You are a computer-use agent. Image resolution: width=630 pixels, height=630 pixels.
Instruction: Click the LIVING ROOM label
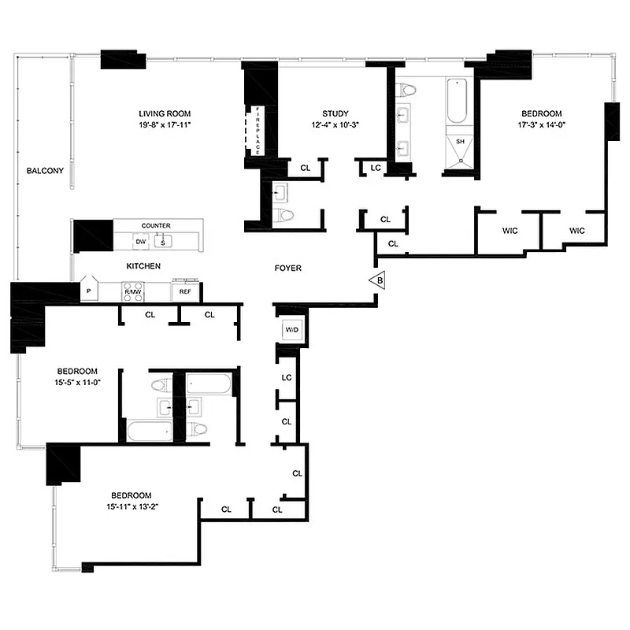(165, 113)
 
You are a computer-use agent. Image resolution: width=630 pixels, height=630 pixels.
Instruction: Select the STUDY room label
(335, 113)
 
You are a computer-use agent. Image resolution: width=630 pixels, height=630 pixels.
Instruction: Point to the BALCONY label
(45, 171)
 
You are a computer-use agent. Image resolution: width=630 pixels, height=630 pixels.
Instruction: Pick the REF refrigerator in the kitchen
(186, 291)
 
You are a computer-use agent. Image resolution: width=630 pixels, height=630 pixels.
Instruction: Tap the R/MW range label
(132, 292)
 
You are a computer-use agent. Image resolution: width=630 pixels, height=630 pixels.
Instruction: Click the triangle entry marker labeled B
(378, 280)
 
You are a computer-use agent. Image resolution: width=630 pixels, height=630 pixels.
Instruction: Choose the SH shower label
(461, 142)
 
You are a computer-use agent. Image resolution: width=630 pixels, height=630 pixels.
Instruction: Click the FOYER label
(288, 269)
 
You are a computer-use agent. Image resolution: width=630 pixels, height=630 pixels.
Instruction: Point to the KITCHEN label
(142, 266)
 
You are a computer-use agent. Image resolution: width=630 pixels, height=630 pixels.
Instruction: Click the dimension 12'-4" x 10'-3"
(335, 124)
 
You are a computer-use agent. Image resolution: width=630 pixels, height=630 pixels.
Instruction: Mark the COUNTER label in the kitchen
(156, 226)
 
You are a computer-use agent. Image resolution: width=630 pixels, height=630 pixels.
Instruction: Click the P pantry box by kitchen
(87, 291)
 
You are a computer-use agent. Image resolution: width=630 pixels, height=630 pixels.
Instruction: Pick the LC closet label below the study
(376, 167)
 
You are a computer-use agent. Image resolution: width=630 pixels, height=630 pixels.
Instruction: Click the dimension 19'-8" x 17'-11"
(165, 124)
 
